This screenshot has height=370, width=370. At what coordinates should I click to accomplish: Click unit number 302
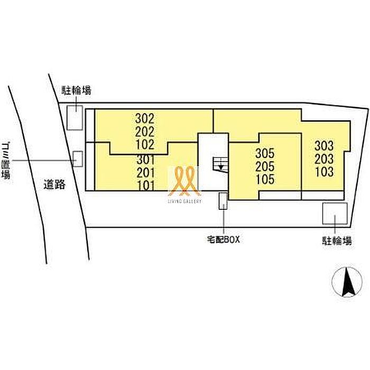145,118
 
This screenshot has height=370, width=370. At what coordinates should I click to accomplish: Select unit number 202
145,132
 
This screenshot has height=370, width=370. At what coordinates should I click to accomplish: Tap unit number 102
145,144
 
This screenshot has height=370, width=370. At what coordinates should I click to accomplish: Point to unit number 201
146,173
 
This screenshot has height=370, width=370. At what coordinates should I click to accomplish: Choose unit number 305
265,153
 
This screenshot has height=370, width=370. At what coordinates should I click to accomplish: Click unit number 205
265,166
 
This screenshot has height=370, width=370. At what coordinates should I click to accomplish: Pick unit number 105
265,179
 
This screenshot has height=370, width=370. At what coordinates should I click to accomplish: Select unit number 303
324,146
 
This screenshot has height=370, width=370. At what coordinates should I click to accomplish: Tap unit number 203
324,159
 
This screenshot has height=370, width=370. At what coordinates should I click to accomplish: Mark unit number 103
324,172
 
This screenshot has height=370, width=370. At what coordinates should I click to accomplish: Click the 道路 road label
54,184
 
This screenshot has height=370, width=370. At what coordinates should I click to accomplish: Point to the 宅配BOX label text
223,239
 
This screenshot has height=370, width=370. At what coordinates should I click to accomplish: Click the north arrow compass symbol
347,282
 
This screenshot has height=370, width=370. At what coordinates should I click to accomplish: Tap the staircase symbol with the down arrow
220,164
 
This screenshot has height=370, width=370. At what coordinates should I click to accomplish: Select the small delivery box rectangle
223,201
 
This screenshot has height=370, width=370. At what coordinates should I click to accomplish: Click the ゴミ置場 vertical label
6,161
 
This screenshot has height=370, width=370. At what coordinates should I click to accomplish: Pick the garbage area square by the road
77,159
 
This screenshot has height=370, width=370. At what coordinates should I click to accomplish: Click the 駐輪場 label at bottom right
337,241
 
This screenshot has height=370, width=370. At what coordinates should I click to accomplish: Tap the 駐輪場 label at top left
77,90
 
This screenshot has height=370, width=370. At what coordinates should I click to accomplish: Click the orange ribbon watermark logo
184,181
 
